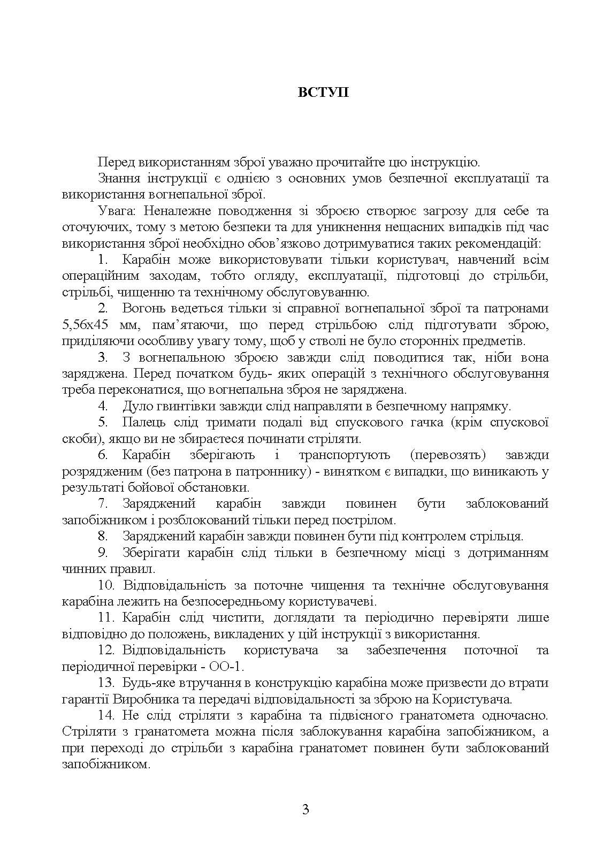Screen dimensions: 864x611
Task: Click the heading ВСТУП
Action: [x=323, y=92]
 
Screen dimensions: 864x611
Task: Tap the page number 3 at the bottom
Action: [x=305, y=809]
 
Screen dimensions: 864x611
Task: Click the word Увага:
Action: [x=115, y=211]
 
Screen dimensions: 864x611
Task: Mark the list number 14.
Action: [x=106, y=715]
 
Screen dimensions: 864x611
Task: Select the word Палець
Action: [x=141, y=423]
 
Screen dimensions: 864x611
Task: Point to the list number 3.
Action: [x=104, y=357]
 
